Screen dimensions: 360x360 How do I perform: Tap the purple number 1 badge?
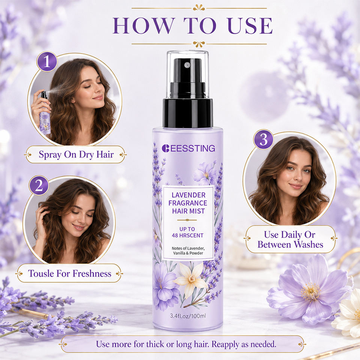click(x=47, y=61)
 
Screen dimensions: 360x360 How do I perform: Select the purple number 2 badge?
click(x=39, y=185)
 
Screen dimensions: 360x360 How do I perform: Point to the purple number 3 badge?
click(x=263, y=139)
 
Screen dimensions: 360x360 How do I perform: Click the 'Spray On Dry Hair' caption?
click(x=76, y=154)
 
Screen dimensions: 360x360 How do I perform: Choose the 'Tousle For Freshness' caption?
click(x=70, y=273)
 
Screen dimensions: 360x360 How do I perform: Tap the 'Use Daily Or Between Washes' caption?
click(x=290, y=240)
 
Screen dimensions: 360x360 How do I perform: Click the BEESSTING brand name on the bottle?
click(x=189, y=148)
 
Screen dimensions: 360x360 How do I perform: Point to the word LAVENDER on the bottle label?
click(x=189, y=195)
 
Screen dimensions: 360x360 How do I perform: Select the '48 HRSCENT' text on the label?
click(x=187, y=235)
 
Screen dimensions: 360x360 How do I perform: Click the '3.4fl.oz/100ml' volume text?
click(x=188, y=316)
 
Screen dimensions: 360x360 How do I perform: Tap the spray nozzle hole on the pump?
click(x=187, y=65)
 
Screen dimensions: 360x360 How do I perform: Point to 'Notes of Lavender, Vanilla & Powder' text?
click(x=188, y=251)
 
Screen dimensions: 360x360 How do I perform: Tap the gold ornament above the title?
click(x=199, y=8)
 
